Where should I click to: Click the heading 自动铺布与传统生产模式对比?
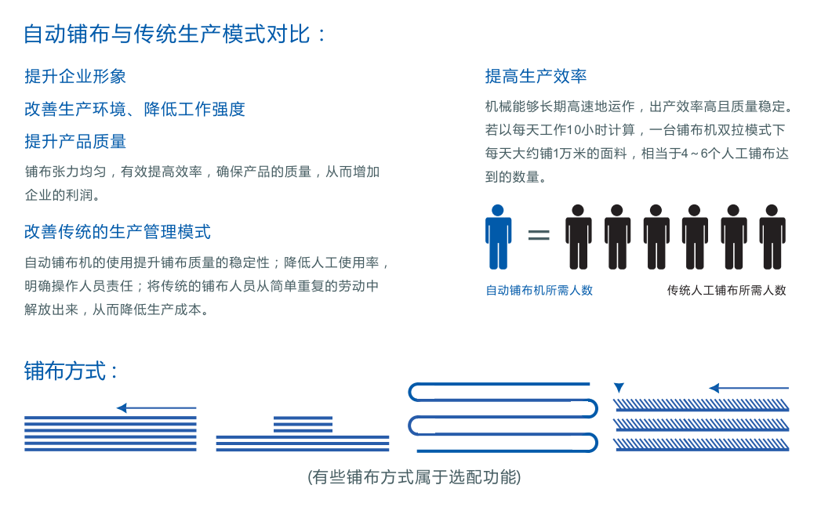click(168, 34)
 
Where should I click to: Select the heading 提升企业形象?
click(75, 77)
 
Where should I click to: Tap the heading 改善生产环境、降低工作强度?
click(135, 109)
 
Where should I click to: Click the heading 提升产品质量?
click(75, 141)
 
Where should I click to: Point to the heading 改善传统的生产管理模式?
click(118, 231)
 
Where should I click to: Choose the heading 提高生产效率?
click(536, 77)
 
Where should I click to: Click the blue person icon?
click(498, 237)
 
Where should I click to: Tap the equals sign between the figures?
click(539, 234)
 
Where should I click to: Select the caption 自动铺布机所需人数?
click(539, 291)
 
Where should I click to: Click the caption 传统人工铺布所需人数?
click(726, 291)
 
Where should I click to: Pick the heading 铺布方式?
click(65, 371)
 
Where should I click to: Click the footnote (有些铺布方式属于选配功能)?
click(414, 477)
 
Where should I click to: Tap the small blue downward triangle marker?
click(619, 387)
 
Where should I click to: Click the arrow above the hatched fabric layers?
click(749, 388)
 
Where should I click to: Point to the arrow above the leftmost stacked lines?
click(156, 407)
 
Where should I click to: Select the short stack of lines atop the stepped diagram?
click(303, 425)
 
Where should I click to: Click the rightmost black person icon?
click(772, 237)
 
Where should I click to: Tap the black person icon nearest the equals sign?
click(578, 237)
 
